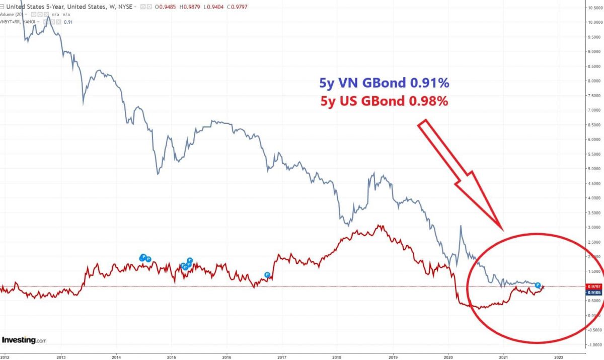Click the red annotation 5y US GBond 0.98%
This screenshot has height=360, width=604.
click(x=384, y=101)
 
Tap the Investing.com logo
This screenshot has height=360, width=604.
click(x=24, y=340)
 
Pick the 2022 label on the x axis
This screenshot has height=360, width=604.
click(x=559, y=354)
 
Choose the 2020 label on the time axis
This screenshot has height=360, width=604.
click(x=448, y=354)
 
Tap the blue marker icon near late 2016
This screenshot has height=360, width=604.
click(x=268, y=275)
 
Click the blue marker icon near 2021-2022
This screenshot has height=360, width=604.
click(x=538, y=285)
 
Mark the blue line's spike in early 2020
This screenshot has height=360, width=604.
click(x=460, y=226)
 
